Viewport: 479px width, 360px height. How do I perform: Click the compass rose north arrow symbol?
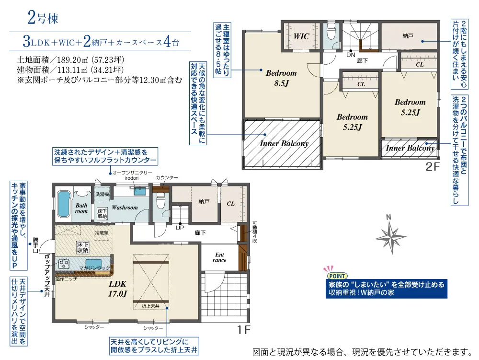[x=390, y=235]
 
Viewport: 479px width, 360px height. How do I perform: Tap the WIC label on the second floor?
[x=301, y=36]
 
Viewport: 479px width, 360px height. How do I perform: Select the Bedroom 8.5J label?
[x=281, y=78]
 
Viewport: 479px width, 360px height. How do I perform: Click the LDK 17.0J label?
[x=118, y=289]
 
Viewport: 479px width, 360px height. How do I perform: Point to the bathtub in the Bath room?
[x=64, y=204]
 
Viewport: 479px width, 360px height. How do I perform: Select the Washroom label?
[x=125, y=208]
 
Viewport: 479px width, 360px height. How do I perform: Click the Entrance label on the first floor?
[x=219, y=257]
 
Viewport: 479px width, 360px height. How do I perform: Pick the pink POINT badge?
[x=337, y=276]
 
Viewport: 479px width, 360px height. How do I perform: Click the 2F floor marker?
[x=432, y=167]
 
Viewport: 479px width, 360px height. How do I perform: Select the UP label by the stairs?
[x=180, y=228]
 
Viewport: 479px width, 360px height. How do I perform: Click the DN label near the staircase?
[x=351, y=55]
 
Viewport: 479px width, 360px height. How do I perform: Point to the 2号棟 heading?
[x=43, y=18]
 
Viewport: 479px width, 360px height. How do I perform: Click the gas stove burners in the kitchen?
[x=64, y=263]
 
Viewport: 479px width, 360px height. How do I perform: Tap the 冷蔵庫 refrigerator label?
[x=101, y=233]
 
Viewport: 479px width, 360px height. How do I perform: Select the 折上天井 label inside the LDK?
[x=150, y=306]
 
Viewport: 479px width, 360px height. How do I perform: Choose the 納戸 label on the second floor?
[x=408, y=36]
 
